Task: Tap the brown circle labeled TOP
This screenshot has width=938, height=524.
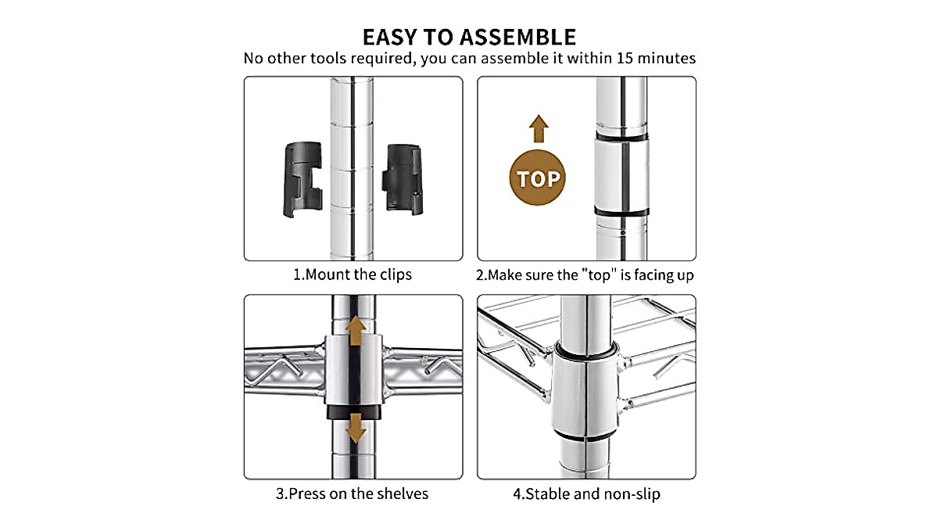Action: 539,178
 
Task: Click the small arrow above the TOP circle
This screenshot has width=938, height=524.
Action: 539,127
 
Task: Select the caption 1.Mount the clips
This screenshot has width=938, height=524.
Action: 352,275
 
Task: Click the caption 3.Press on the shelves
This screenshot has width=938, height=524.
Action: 352,493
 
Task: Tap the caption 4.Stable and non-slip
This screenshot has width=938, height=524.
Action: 586,493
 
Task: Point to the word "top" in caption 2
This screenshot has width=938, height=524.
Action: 597,275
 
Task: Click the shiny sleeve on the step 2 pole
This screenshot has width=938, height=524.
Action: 621,174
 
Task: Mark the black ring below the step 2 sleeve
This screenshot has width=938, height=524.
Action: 621,212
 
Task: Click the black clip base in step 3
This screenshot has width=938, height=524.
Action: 356,411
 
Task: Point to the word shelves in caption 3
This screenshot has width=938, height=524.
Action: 402,493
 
